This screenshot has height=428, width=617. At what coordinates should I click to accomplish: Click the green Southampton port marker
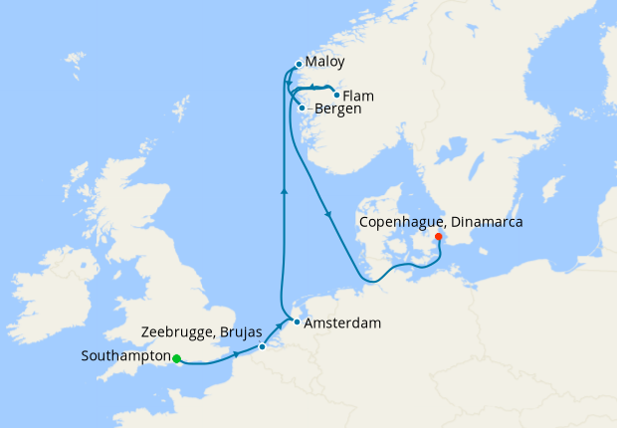(176, 358)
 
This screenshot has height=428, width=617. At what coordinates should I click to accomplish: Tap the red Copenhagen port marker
(439, 237)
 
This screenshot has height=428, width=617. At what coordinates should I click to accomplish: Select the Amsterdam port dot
(297, 322)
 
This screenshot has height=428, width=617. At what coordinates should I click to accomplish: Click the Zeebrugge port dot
(262, 346)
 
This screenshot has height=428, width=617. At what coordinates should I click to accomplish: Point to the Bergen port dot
(302, 107)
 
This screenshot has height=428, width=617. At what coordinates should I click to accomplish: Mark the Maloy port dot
(299, 66)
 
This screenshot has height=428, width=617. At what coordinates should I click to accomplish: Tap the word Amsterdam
(342, 323)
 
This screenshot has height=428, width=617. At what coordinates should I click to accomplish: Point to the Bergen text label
(336, 108)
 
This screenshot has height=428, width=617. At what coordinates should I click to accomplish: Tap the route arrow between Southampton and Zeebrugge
(236, 355)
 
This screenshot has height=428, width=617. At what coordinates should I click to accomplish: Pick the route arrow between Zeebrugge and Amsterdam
(278, 327)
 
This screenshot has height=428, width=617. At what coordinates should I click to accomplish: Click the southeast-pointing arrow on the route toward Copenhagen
(327, 214)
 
